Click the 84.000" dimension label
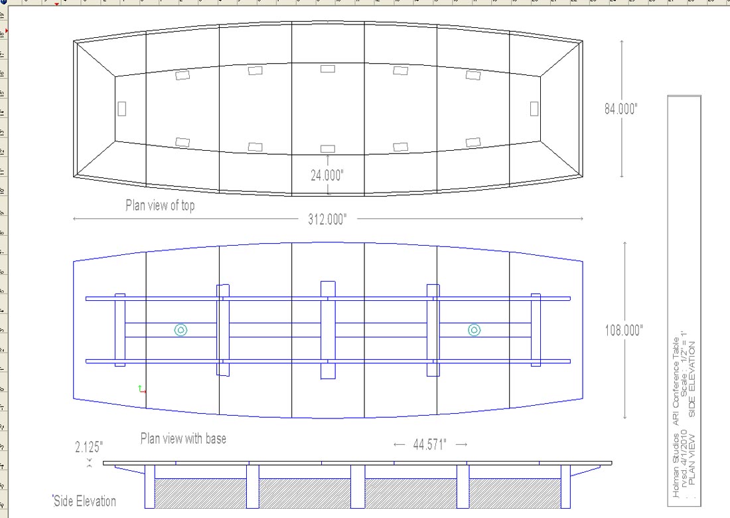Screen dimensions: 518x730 click(x=620, y=110)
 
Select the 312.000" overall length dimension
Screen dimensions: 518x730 click(x=327, y=220)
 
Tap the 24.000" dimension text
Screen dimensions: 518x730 click(x=327, y=175)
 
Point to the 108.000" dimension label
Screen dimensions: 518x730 click(x=624, y=330)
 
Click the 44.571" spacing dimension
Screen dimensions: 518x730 click(x=430, y=444)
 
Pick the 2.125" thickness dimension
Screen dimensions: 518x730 click(x=89, y=446)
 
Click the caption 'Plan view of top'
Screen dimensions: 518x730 click(x=160, y=206)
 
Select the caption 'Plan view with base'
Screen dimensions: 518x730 click(x=183, y=438)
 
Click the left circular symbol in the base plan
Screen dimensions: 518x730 click(x=181, y=330)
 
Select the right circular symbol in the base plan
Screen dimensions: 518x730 click(x=474, y=330)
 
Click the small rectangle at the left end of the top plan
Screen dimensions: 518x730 click(x=122, y=108)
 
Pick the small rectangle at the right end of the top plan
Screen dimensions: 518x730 click(x=534, y=108)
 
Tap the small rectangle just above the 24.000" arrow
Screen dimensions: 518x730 click(x=327, y=149)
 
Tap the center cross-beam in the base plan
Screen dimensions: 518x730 click(x=328, y=330)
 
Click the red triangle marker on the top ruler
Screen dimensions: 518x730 click(x=56, y=4)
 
